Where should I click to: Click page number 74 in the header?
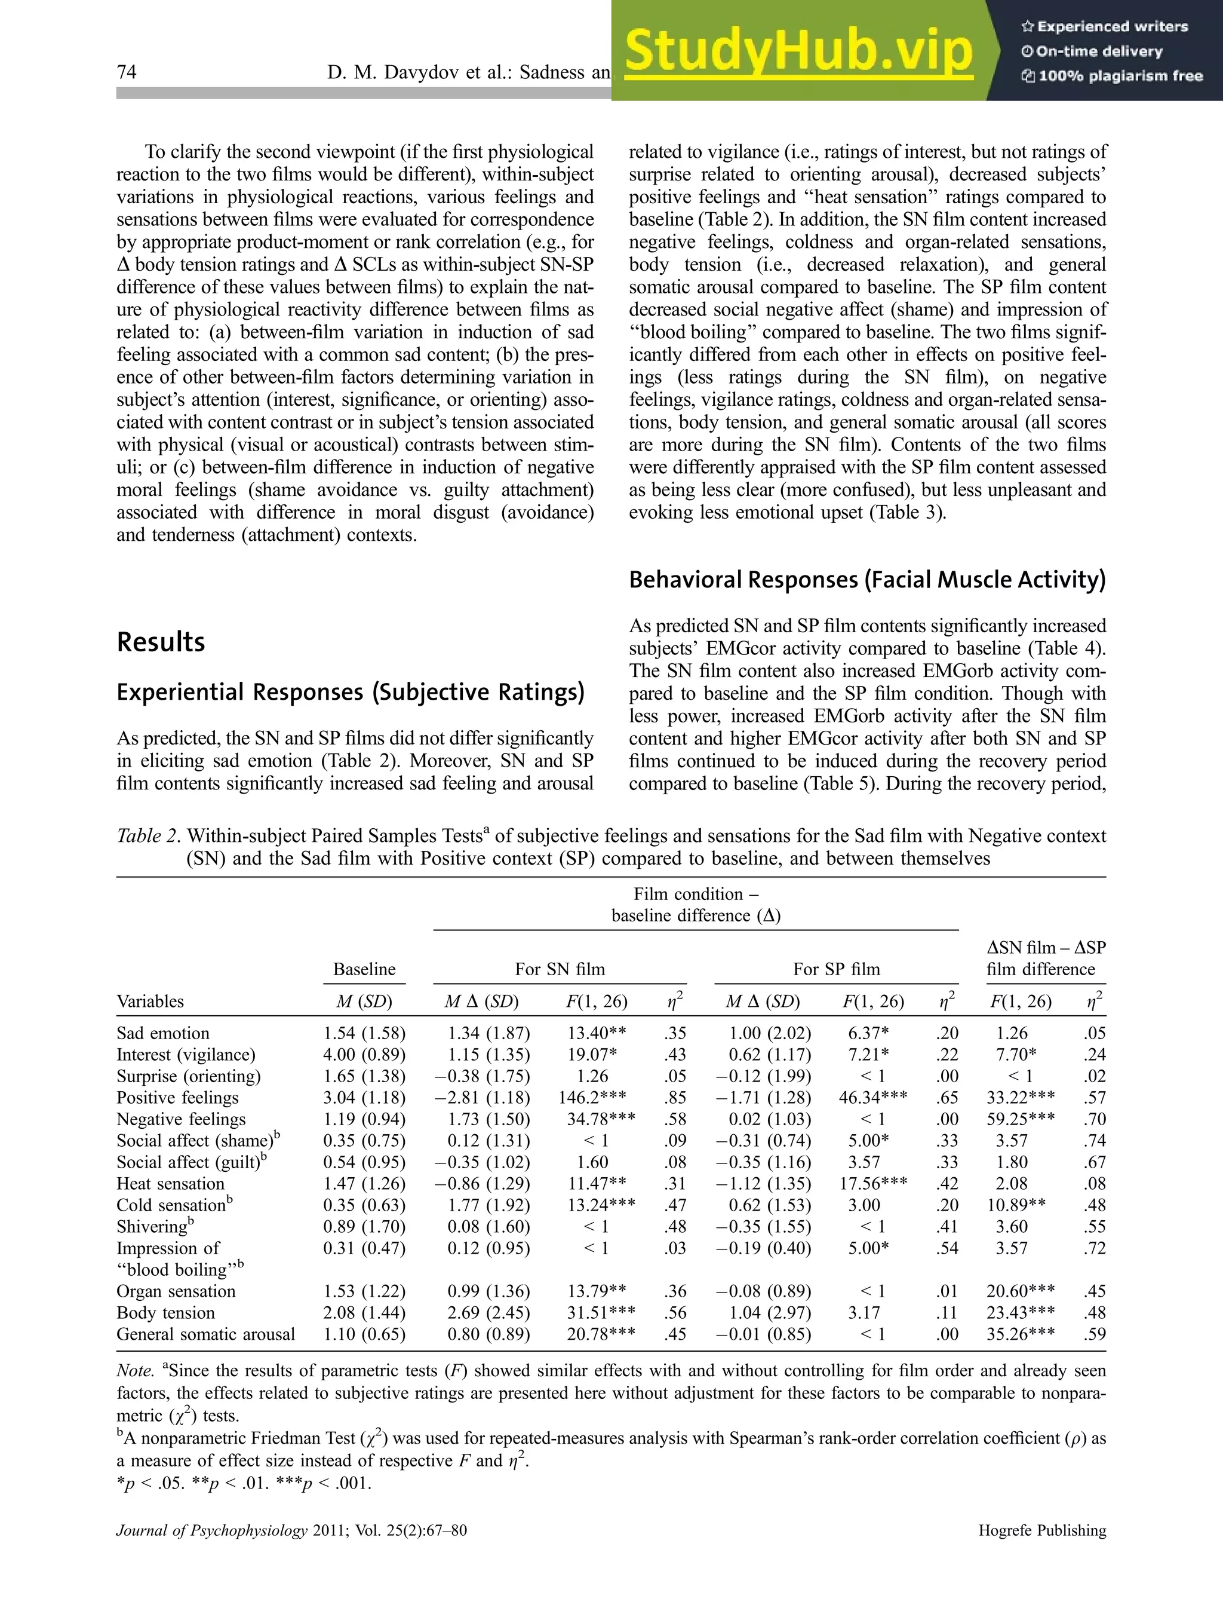point(127,72)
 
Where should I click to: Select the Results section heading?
point(161,642)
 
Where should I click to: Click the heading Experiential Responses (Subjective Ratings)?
point(351,692)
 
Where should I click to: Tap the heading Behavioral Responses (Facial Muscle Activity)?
point(867,580)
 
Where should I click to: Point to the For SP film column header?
point(836,969)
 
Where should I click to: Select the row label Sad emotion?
point(162,1033)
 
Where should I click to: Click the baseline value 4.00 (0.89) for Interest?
point(364,1054)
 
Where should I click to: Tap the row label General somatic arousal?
point(205,1334)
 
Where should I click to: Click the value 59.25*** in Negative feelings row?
point(1019,1119)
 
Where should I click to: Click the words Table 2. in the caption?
point(149,836)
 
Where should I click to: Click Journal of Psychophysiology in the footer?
point(211,1530)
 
